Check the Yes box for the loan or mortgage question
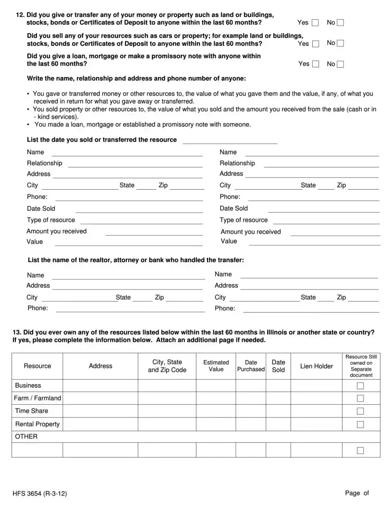pos(316,64)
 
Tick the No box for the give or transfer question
pos(341,23)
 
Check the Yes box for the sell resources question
pos(316,44)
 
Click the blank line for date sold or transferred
pos(230,140)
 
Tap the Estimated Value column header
pos(216,366)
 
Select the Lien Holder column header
pos(316,366)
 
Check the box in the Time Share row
pos(360,411)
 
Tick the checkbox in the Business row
pos(360,386)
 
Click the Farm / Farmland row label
pos(37,398)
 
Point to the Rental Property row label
pos(37,424)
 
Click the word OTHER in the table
pos(26,436)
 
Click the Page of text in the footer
pos(356,493)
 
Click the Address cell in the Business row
pos(100,386)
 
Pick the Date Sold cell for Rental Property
pos(278,424)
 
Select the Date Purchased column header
pos(251,366)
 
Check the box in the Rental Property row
pos(360,424)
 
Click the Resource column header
pos(37,366)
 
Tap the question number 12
pos(20,15)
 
